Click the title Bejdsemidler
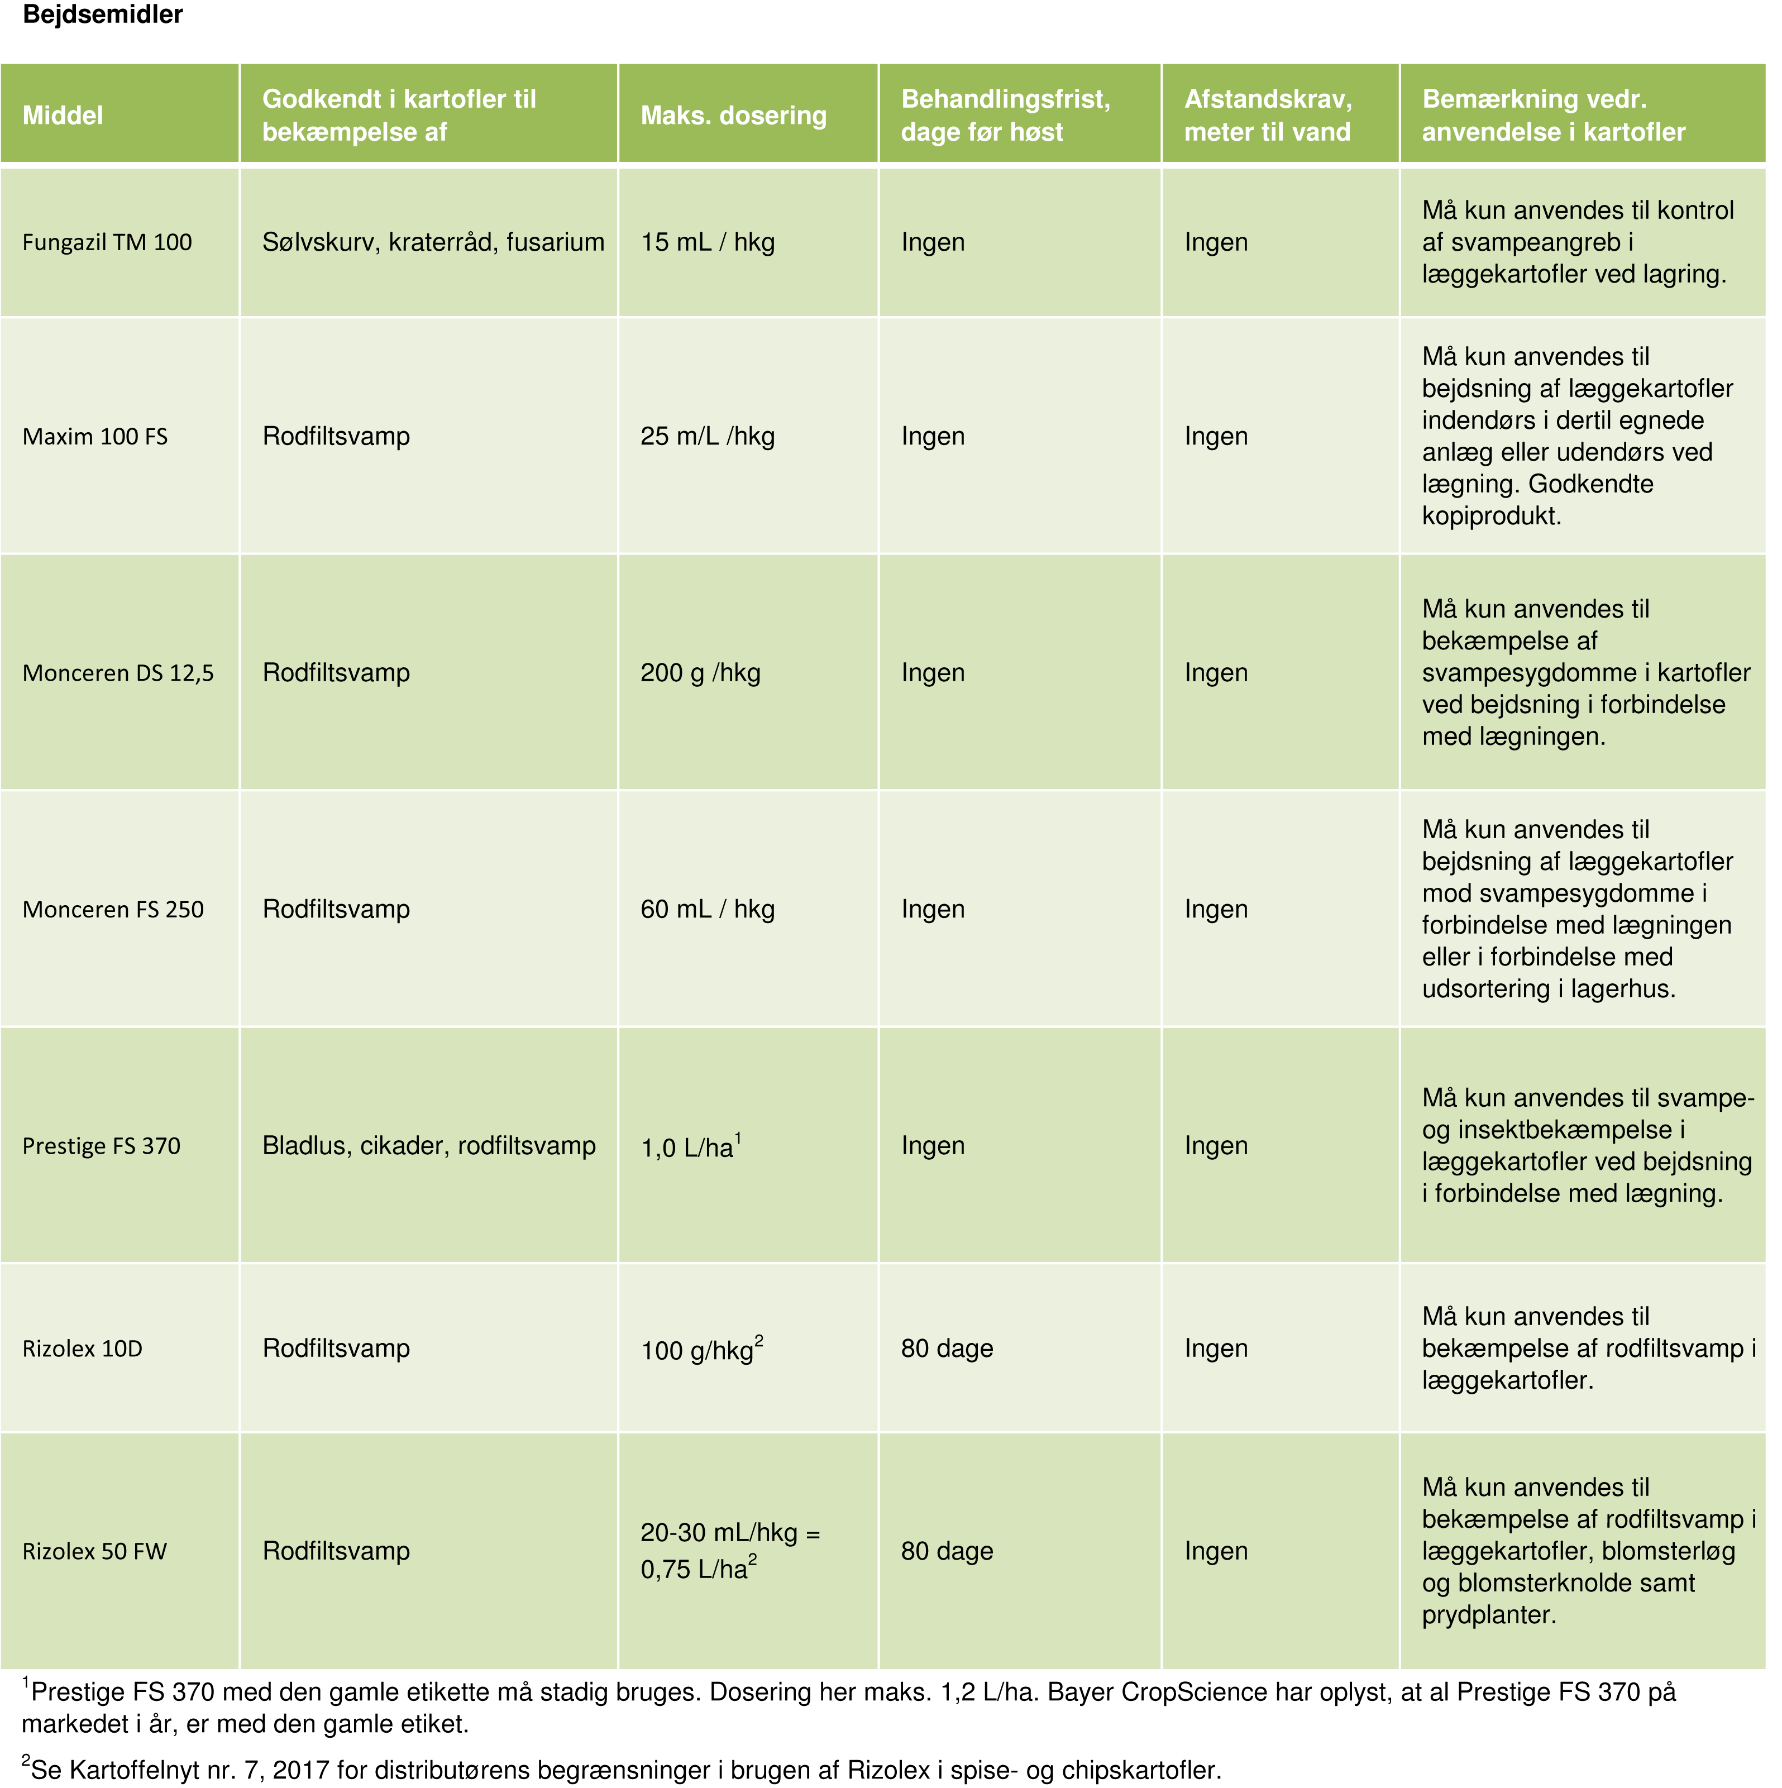(103, 15)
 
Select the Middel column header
(63, 116)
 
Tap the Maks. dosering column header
(733, 116)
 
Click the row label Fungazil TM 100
(107, 242)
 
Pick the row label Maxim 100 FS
(95, 437)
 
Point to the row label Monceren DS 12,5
(118, 673)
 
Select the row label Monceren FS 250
(113, 910)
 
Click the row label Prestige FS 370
(102, 1146)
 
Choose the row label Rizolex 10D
(83, 1349)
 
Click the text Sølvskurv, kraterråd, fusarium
(433, 242)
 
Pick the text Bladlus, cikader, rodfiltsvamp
(428, 1146)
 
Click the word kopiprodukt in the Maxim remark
(1491, 517)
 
